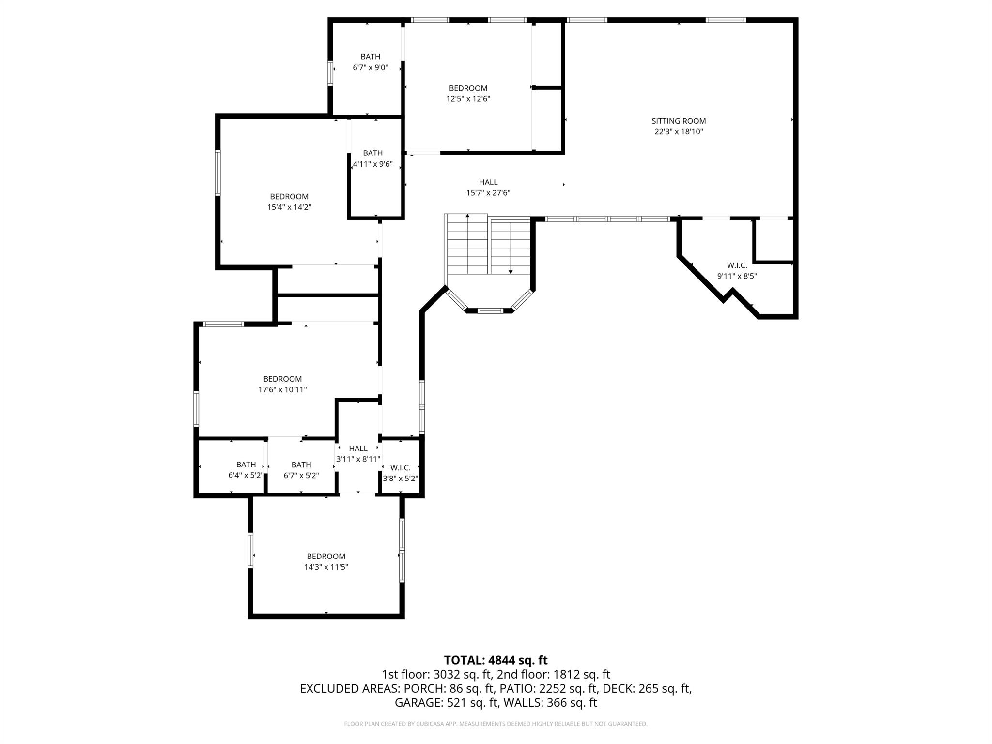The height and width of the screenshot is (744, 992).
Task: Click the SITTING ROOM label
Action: point(679,121)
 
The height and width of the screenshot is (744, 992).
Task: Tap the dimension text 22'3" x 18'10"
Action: point(679,132)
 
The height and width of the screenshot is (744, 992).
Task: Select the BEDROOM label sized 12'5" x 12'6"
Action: point(468,88)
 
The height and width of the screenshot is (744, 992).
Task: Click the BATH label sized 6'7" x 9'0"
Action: point(370,57)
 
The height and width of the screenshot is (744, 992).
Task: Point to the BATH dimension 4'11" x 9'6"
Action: point(372,164)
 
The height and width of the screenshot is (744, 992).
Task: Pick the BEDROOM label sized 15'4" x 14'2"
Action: point(289,196)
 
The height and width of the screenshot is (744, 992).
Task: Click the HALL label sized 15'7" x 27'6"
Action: point(488,182)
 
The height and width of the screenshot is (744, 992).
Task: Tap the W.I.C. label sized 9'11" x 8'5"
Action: point(737,265)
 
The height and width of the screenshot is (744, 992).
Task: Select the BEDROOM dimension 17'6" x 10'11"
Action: point(282,389)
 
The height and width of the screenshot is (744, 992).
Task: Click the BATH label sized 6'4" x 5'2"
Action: point(246,465)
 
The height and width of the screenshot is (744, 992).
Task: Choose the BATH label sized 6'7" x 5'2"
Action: point(301,465)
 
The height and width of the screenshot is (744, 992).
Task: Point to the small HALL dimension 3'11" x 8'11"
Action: point(358,459)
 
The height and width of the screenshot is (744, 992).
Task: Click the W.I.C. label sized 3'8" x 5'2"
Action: point(401,467)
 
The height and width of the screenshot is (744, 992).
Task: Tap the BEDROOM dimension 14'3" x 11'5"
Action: point(326,567)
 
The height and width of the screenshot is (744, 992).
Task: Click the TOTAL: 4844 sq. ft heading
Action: point(496,660)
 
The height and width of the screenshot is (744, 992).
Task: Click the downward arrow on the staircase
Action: point(511,271)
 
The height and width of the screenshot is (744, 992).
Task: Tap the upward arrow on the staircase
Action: point(467,216)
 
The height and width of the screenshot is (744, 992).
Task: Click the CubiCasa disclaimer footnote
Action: point(496,724)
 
